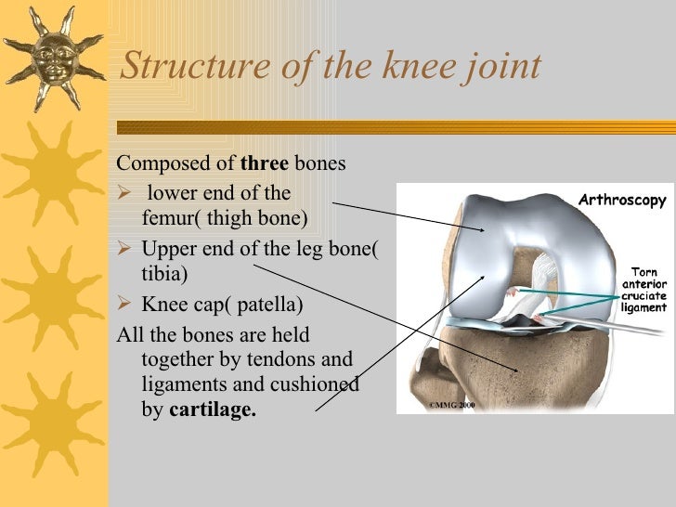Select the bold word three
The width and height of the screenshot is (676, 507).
265,164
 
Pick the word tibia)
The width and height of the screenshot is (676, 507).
164,275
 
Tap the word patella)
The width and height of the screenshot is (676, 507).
269,304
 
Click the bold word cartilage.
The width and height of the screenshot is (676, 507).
212,410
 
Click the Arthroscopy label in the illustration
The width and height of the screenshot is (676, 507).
622,201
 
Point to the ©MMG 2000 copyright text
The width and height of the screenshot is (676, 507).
451,406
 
